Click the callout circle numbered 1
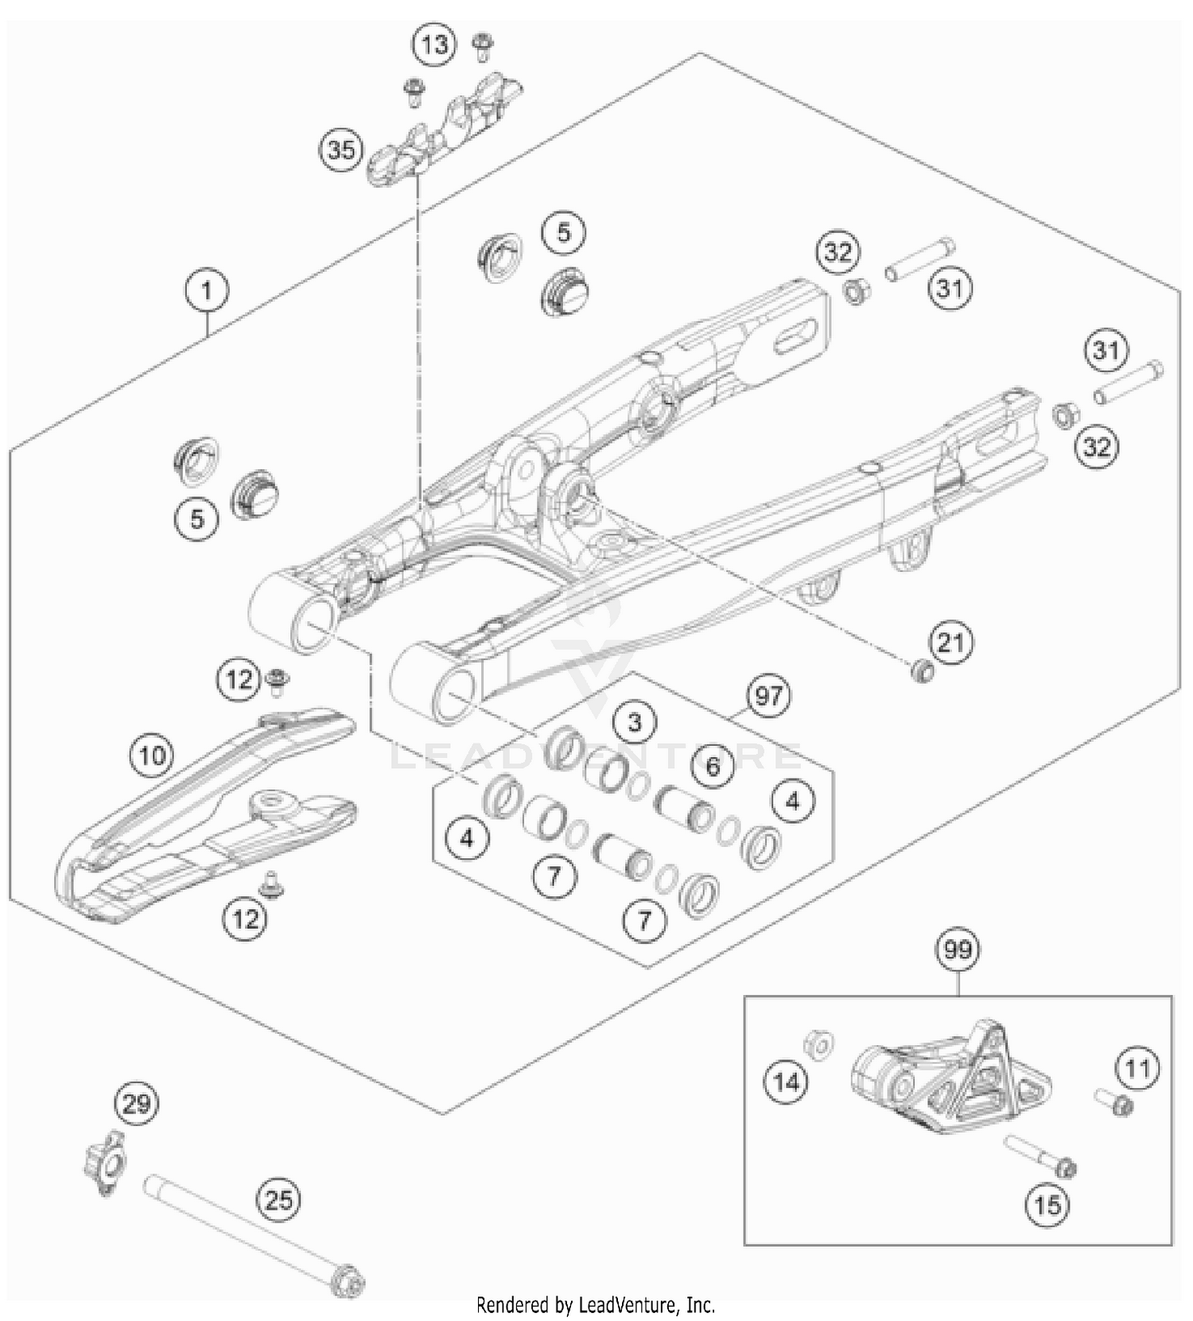tap(207, 291)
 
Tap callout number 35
tap(341, 150)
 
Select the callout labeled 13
tap(434, 45)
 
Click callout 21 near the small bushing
tap(951, 642)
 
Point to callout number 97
tap(767, 697)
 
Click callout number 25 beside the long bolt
tap(279, 1199)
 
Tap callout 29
tap(137, 1104)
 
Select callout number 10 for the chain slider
tap(153, 754)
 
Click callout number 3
tap(634, 722)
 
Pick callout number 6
tap(713, 766)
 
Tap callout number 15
tap(1047, 1206)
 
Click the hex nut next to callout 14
tap(818, 1043)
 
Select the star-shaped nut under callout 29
tap(104, 1163)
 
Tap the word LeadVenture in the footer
tap(629, 1305)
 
